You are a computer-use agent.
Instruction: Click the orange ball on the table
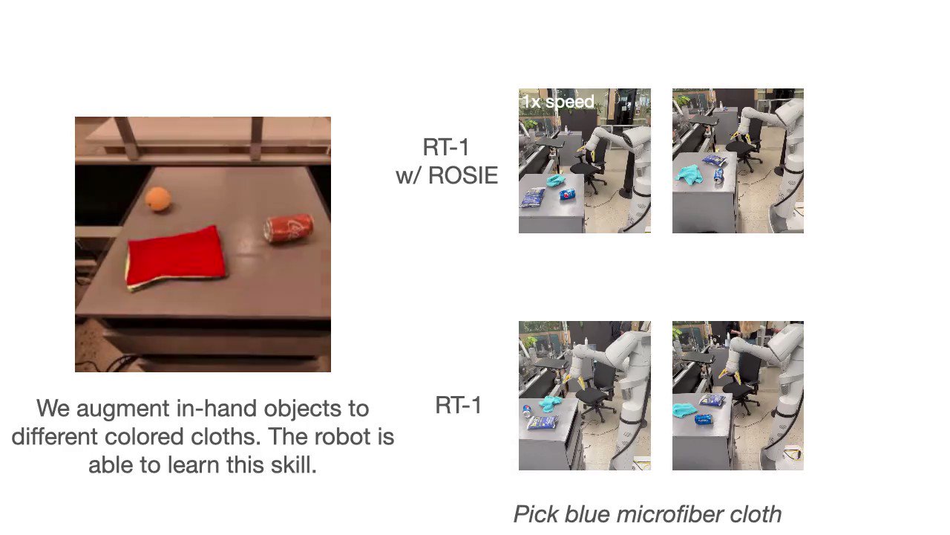pos(158,199)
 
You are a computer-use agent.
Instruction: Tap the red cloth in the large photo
pos(175,257)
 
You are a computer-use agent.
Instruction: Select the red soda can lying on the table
pos(289,228)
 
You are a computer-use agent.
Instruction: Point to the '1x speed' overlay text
pos(558,102)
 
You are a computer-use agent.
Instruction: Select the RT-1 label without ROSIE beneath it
pos(458,406)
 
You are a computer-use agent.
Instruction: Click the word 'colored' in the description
pos(131,437)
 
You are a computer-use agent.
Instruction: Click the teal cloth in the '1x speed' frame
pos(555,181)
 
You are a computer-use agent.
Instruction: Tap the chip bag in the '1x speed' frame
pos(531,198)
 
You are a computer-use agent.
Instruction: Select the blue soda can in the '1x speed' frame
pos(566,195)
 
